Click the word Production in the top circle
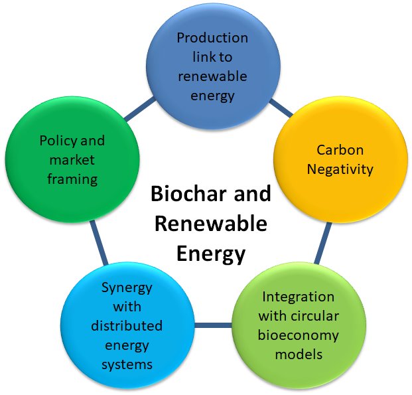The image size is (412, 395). pos(212,38)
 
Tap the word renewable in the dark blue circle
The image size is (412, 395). pos(212,76)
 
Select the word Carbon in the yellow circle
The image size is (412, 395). pos(340,150)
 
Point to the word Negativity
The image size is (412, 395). pos(340,169)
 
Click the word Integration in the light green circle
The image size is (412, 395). pos(299,297)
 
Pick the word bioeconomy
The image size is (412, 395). pos(299,335)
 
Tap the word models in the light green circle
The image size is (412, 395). pos(299,355)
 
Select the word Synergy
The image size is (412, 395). pos(127,288)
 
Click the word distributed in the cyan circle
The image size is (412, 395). pos(127,326)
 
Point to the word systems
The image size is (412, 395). pos(127,365)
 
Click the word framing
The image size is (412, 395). pos(72,180)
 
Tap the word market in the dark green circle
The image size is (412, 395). pos(72,160)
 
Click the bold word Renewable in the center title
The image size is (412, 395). pos(211,224)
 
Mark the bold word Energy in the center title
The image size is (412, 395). pos(211,254)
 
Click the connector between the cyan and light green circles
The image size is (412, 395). pos(213,325)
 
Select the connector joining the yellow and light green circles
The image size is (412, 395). pos(323,243)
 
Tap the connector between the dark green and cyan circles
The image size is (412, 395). pos(99,242)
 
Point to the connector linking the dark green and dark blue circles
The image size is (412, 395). pos(140,110)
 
